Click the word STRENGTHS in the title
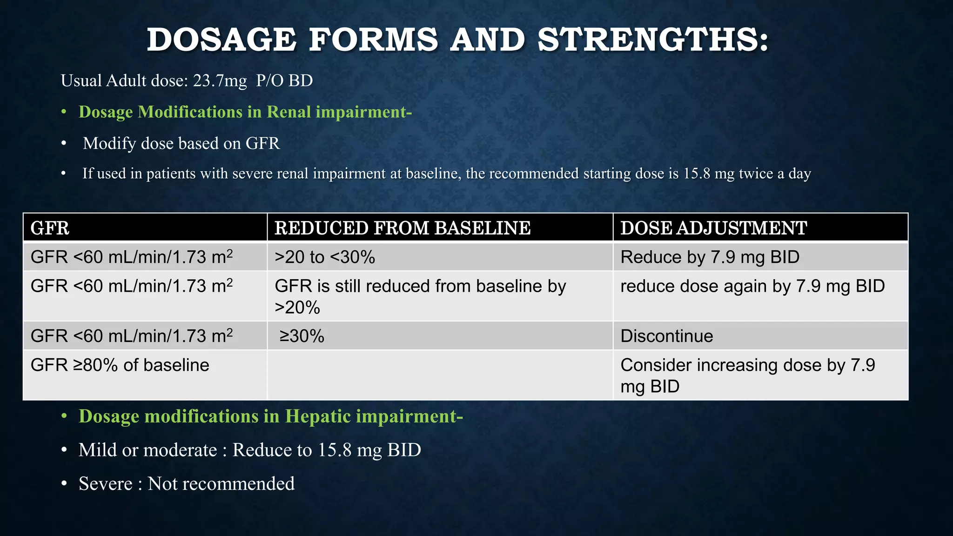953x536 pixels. [x=652, y=40]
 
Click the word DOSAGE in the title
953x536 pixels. [x=221, y=40]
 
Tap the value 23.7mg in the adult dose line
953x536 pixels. [x=220, y=81]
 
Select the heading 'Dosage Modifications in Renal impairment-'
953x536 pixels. [x=245, y=112]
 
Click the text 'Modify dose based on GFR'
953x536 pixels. [x=181, y=143]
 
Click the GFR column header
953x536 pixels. [x=50, y=228]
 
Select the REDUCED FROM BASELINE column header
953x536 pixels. [x=402, y=228]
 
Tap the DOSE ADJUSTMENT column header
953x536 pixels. [x=713, y=228]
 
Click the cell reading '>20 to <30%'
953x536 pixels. [x=324, y=257]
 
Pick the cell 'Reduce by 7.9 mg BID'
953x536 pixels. [x=710, y=257]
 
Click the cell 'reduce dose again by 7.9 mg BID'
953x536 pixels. [x=752, y=286]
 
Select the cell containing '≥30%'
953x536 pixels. [x=302, y=336]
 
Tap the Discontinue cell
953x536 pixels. [x=666, y=336]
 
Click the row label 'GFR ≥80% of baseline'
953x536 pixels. [x=120, y=365]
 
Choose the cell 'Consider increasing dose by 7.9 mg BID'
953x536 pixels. [x=747, y=375]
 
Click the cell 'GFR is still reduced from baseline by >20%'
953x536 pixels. [x=420, y=296]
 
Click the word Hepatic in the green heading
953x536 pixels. [x=318, y=416]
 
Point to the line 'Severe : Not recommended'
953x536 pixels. [x=186, y=484]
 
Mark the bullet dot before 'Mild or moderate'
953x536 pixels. [x=65, y=450]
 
